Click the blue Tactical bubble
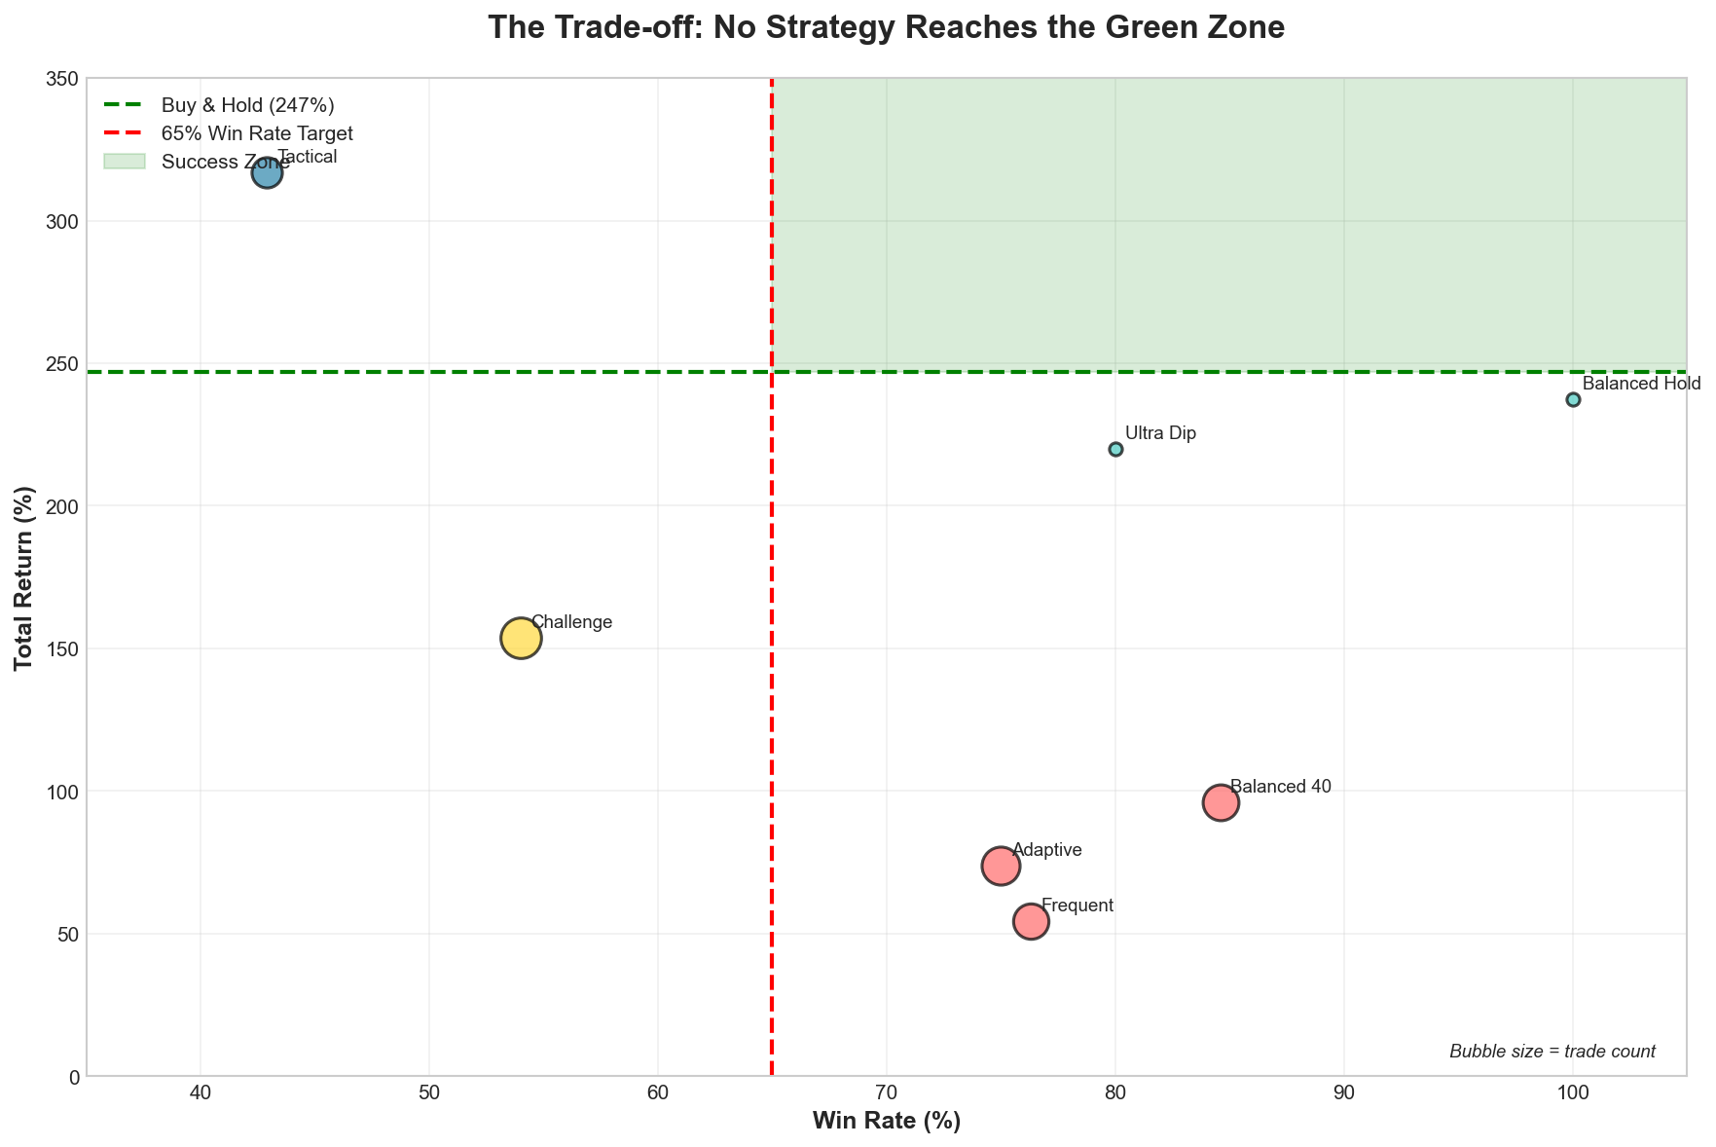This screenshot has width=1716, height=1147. click(267, 173)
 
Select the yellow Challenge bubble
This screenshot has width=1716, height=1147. click(521, 638)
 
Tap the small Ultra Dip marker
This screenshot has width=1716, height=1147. click(1115, 449)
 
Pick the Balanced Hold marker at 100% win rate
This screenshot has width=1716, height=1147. click(1573, 399)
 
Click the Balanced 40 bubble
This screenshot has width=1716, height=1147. click(1221, 802)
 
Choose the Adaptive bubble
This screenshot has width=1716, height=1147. click(1001, 865)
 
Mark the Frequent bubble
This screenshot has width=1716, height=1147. click(1031, 921)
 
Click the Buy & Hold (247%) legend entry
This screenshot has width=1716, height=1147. click(253, 105)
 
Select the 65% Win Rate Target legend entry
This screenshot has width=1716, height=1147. click(257, 133)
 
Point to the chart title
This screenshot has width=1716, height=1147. click(886, 27)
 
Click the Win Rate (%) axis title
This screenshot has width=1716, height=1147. click(886, 1122)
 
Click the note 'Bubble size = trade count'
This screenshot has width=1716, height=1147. click(1552, 1052)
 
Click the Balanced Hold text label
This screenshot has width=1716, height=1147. click(1641, 384)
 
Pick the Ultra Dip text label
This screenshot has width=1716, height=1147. click(1160, 433)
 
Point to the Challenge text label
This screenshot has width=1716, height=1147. click(572, 622)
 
